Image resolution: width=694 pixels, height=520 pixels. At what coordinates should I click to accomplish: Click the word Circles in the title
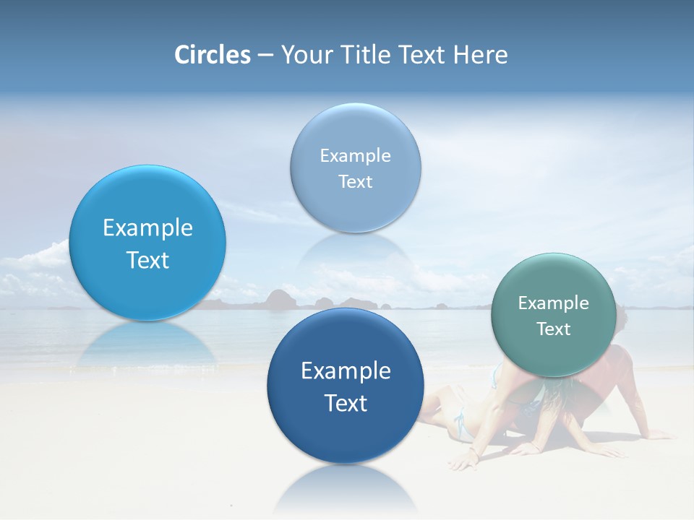point(213,55)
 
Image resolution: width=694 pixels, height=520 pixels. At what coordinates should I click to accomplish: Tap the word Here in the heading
point(480,55)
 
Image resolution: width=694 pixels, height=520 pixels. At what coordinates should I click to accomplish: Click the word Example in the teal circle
point(554,303)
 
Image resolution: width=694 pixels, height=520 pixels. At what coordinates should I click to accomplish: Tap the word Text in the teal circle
point(554,329)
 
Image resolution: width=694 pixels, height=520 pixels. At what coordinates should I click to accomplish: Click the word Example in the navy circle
point(346,371)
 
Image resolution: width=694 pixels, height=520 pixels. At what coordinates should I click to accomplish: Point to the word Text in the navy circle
point(346,403)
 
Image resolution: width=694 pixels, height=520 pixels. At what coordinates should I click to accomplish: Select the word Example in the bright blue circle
point(147,228)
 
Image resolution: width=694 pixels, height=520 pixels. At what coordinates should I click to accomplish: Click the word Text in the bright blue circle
point(147,260)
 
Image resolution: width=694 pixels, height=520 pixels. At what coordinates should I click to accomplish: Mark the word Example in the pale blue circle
point(356,156)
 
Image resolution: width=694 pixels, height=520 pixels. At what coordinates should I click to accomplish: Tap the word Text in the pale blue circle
point(356,182)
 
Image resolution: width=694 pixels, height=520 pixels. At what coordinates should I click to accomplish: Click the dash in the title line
point(265,55)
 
